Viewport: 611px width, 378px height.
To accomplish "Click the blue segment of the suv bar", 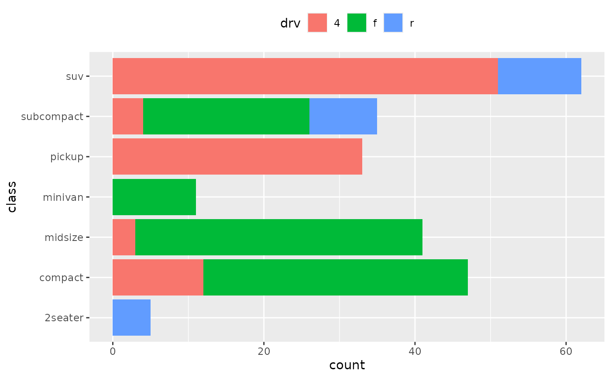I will [539, 76].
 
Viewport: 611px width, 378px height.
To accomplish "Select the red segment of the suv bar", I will [305, 76].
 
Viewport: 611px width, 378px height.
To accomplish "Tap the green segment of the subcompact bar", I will [226, 116].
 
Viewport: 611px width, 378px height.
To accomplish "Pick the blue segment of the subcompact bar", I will [343, 116].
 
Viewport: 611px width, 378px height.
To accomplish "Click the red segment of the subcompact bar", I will [128, 116].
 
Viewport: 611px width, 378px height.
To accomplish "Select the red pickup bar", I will [237, 156].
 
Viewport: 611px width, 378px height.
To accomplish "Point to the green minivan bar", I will [154, 197].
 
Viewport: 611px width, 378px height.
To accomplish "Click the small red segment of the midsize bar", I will [124, 237].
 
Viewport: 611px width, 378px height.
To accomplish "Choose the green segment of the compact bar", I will [335, 277].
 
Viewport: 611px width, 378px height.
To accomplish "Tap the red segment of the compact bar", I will [158, 277].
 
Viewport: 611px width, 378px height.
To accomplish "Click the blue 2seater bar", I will [131, 317].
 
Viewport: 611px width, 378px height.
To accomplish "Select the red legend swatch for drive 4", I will [317, 23].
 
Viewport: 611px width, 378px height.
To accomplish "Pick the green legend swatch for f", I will [357, 23].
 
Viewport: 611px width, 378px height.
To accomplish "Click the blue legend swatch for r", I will [393, 23].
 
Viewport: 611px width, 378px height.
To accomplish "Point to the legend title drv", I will [290, 24].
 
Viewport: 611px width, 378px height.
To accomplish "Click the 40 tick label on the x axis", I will [415, 351].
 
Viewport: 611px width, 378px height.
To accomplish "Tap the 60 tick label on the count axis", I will [566, 351].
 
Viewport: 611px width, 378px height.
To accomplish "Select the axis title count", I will [347, 365].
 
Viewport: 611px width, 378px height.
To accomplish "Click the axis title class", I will [12, 197].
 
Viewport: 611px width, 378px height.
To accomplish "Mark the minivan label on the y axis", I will [63, 197].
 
